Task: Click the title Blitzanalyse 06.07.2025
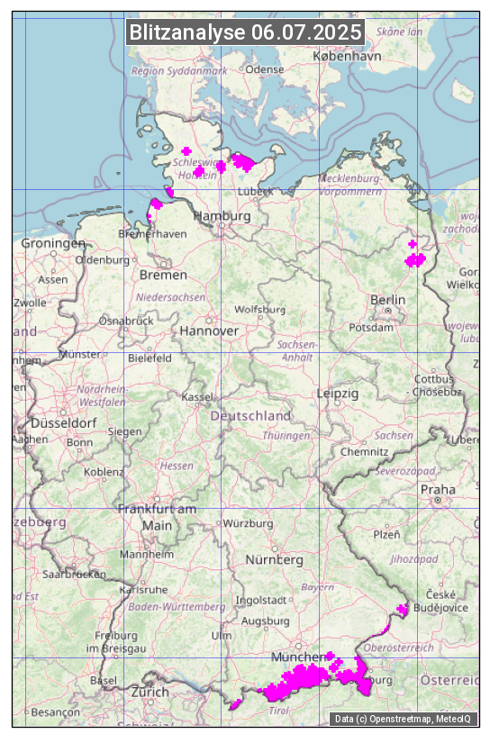point(245,32)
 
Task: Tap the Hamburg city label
point(222,216)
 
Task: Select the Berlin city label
point(387,299)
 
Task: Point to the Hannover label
point(209,331)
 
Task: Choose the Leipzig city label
point(338,394)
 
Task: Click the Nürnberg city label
point(274,559)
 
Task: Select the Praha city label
point(438,489)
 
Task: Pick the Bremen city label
point(163,274)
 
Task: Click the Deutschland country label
point(250,416)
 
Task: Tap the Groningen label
point(53,243)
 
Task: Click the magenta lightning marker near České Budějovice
point(402,610)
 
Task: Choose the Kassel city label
point(196,396)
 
